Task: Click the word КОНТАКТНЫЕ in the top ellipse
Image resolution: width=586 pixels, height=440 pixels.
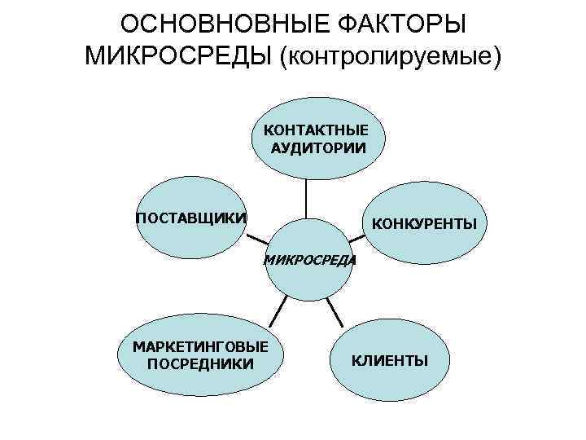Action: click(317, 130)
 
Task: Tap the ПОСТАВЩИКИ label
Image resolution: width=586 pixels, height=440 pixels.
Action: click(191, 218)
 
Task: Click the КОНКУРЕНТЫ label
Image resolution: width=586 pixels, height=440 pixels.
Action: click(424, 223)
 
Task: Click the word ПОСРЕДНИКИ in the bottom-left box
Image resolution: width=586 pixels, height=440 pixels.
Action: click(201, 363)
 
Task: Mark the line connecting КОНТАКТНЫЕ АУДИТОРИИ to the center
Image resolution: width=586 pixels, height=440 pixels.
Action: click(307, 200)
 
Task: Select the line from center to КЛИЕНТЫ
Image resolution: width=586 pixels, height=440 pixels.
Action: click(333, 311)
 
